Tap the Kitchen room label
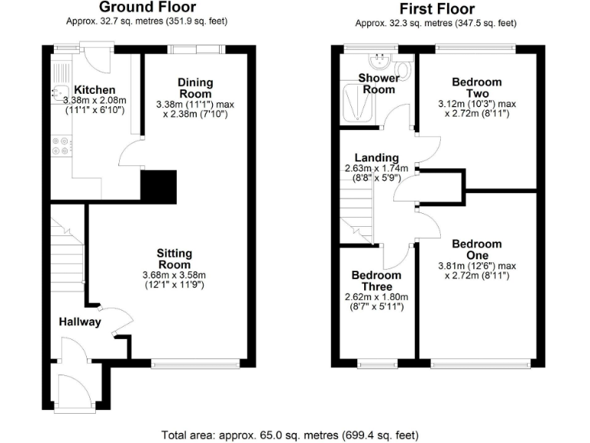94,90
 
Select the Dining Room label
195,88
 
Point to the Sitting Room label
174,258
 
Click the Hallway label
81,322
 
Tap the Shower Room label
379,84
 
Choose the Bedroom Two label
476,88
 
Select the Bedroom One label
476,250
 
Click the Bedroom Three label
376,281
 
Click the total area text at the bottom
290,435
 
